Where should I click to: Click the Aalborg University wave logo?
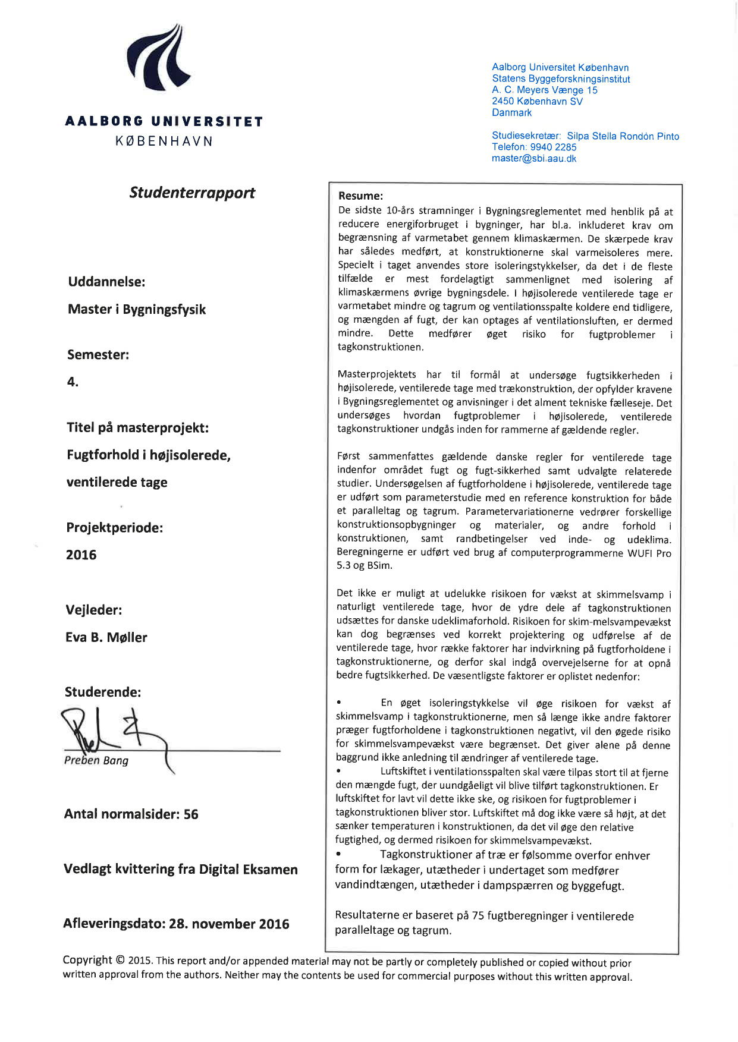158,58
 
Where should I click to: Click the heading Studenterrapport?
192,193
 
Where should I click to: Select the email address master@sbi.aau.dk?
533,159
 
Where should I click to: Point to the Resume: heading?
360,196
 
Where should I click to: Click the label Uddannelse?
106,282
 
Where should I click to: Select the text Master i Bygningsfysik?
137,309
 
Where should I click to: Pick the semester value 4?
73,382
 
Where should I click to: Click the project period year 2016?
81,555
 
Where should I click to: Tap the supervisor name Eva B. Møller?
106,637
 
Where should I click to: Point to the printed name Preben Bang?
96,760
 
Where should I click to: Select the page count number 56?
191,814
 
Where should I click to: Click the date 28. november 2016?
229,924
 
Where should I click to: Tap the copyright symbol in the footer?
120,960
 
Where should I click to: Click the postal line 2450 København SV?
537,102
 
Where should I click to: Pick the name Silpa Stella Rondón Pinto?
623,136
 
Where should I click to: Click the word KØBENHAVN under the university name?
164,141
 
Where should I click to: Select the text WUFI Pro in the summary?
649,553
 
